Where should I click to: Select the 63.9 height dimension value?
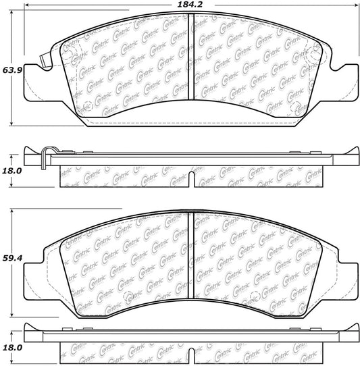click(9, 70)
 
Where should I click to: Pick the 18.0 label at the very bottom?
click(9, 347)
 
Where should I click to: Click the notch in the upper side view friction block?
click(192, 180)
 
